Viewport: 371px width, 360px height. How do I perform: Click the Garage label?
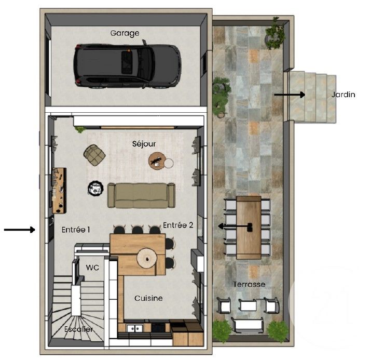[x=125, y=33]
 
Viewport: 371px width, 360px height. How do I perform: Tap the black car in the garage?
[x=127, y=65]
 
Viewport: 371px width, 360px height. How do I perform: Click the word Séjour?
[x=144, y=143]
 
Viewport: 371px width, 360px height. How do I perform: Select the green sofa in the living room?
[x=141, y=195]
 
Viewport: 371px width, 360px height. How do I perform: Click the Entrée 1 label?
[x=76, y=229]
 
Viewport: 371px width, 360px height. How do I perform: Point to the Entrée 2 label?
[x=178, y=225]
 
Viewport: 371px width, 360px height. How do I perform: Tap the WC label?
[x=92, y=268]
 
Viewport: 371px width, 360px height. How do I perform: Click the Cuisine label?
[x=148, y=298]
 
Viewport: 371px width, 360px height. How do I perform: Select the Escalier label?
[x=79, y=329]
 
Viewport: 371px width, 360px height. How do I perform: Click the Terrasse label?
[x=249, y=284]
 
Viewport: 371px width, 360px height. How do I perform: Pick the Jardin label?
[x=343, y=95]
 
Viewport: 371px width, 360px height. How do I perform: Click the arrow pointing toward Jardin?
[x=290, y=95]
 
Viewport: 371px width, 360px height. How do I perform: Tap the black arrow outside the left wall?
[x=19, y=229]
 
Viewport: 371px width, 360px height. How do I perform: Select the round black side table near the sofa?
[x=95, y=188]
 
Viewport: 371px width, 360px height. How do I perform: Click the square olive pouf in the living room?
[x=95, y=155]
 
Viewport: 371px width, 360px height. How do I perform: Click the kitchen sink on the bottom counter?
[x=135, y=328]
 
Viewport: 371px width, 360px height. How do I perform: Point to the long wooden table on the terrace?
[x=248, y=227]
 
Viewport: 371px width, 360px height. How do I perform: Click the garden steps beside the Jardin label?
[x=311, y=97]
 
